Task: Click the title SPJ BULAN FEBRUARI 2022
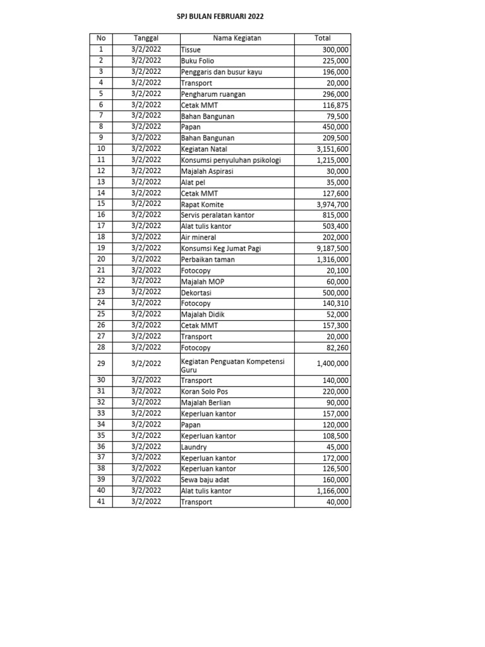(220, 17)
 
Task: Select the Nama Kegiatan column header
(237, 39)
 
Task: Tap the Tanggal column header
(147, 39)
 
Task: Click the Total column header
(322, 39)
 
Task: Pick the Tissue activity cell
(190, 50)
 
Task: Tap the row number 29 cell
(101, 363)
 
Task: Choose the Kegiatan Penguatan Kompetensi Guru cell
(232, 364)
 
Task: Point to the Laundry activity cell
(194, 447)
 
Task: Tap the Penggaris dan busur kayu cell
(221, 72)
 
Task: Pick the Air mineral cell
(199, 238)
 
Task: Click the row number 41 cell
(101, 502)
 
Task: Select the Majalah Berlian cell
(206, 402)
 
